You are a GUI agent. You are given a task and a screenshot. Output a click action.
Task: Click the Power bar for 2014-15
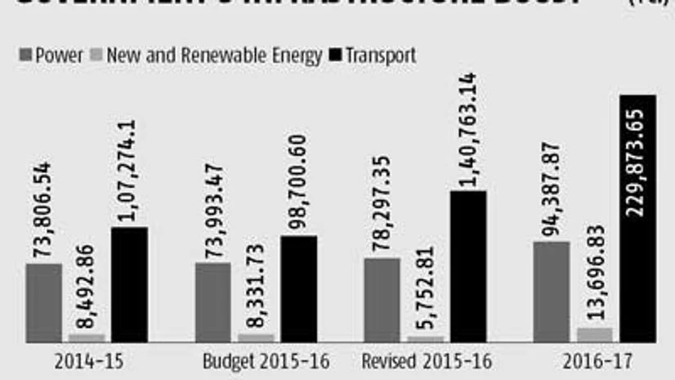[x=43, y=302]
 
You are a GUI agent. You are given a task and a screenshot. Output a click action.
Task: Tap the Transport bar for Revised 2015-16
[x=467, y=266]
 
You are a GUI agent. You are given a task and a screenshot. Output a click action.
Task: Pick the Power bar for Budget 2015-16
[x=212, y=302]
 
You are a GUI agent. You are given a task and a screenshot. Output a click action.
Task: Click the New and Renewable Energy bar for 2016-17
[x=594, y=335]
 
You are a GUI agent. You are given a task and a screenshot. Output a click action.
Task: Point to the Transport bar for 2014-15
[x=129, y=284]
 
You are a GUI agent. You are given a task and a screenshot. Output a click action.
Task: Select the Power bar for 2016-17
[x=552, y=292]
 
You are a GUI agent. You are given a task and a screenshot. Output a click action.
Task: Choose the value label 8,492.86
[x=86, y=284]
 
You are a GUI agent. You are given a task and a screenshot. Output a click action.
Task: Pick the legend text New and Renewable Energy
[x=214, y=56]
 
